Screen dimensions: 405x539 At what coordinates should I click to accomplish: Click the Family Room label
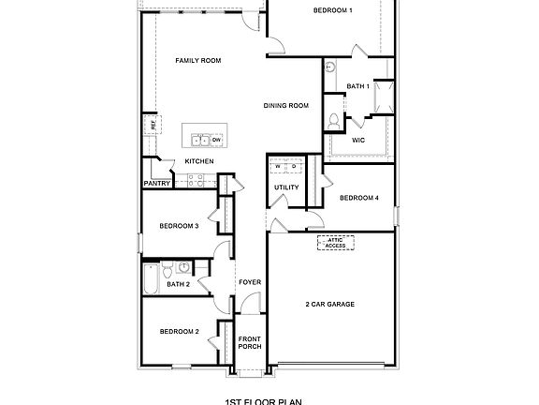click(x=198, y=60)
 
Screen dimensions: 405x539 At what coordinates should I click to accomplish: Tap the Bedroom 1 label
click(x=332, y=10)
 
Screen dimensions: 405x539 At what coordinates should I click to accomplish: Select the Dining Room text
click(x=285, y=106)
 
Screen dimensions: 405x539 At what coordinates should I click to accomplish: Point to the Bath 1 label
click(x=357, y=86)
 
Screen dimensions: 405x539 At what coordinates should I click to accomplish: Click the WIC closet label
click(x=357, y=140)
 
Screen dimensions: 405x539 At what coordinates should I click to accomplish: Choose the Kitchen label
click(x=199, y=161)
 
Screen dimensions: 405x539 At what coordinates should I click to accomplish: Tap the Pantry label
click(x=155, y=184)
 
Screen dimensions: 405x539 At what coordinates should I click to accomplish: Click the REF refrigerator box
click(x=147, y=124)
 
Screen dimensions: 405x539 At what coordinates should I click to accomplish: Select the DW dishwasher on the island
click(x=216, y=140)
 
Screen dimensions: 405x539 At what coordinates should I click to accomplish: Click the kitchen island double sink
click(x=201, y=140)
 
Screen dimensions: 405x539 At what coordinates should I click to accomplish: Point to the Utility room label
click(x=286, y=187)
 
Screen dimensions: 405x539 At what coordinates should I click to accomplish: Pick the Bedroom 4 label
click(x=358, y=198)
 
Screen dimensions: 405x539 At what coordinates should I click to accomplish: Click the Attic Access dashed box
click(x=336, y=242)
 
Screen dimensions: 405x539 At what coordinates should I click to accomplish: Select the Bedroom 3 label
click(x=179, y=226)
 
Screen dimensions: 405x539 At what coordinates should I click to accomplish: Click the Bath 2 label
click(x=179, y=283)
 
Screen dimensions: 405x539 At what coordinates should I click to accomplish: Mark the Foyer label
click(x=249, y=282)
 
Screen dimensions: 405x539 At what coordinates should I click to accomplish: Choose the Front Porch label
click(x=249, y=342)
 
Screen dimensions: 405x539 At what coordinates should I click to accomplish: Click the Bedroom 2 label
click(x=179, y=332)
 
